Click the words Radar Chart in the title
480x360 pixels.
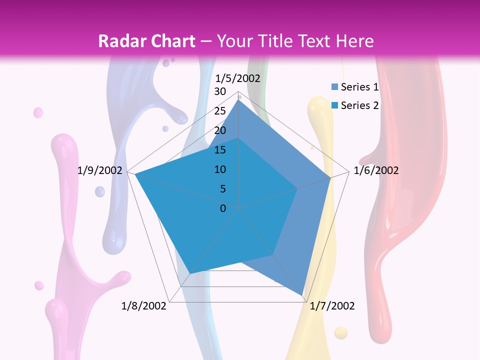coord(146,41)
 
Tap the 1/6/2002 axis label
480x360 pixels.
coord(376,170)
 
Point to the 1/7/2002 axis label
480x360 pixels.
coord(332,306)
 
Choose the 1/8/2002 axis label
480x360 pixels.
coord(144,306)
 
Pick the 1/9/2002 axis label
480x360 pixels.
coord(100,170)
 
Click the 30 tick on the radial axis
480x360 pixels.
coord(220,91)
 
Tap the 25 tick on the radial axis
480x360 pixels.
coord(220,111)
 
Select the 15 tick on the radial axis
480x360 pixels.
coord(220,150)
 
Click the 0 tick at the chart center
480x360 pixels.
coord(223,208)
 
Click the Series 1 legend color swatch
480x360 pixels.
coord(334,87)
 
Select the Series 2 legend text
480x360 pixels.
coord(359,105)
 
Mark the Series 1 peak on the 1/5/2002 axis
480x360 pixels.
coord(238,99)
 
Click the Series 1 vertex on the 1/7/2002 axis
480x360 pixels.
coord(303,295)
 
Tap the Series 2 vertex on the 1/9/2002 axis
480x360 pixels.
coord(135,174)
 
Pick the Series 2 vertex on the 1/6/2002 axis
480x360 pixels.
coord(298,188)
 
